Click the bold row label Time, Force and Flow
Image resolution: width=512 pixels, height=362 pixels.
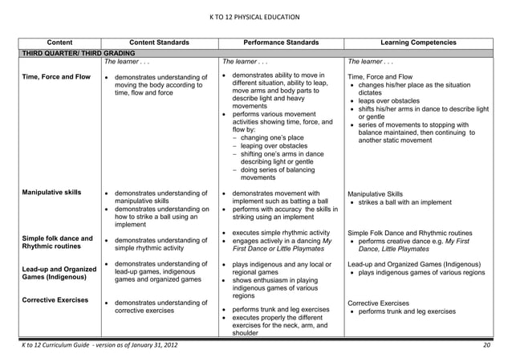click(55, 76)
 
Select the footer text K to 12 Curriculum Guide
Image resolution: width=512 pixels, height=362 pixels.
click(95, 345)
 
